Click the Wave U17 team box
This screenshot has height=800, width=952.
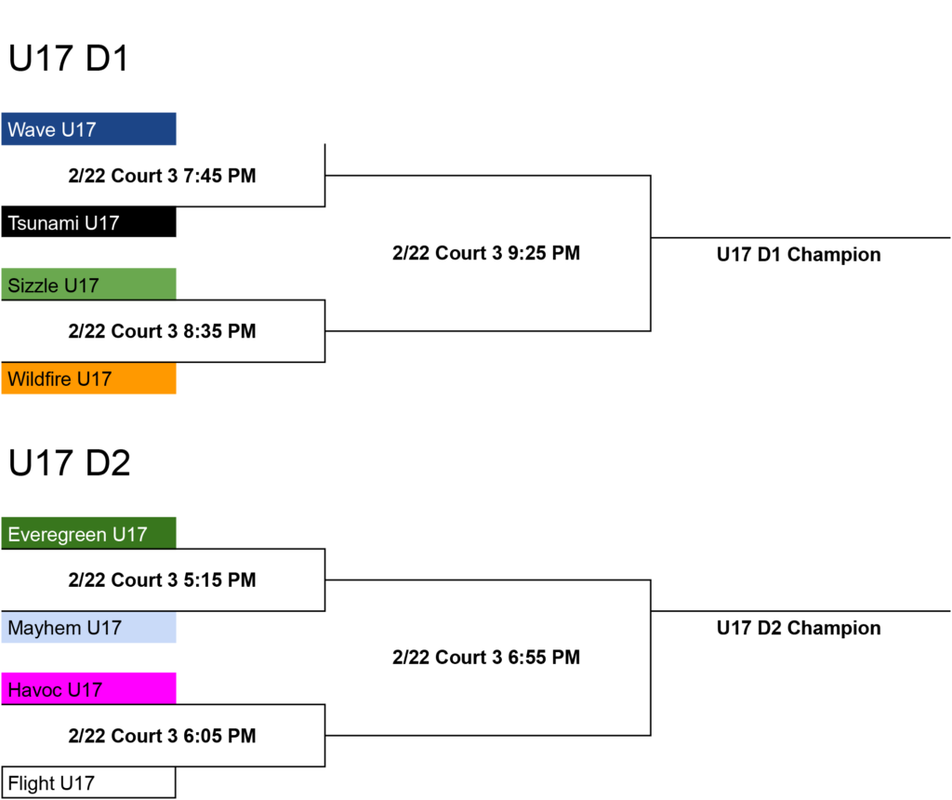point(88,128)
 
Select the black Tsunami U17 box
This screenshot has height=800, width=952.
point(88,221)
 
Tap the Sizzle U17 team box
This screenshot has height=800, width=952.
point(88,285)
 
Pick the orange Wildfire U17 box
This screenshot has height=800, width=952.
point(88,378)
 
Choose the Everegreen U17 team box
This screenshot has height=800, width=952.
point(88,533)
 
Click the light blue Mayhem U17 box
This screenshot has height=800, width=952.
point(88,627)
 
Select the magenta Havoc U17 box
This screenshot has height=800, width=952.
point(88,689)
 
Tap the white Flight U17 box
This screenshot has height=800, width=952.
point(88,782)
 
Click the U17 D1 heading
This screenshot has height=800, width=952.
point(68,59)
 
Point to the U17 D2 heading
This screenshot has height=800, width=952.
point(69,463)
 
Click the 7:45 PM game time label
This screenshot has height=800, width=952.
point(162,176)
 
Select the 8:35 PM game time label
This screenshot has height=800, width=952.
point(162,331)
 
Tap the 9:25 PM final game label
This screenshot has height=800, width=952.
point(486,253)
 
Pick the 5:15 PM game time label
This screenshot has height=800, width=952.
point(162,580)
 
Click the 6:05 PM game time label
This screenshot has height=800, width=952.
point(162,736)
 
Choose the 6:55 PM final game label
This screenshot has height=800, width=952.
point(486,658)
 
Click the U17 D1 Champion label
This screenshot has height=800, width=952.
point(799,255)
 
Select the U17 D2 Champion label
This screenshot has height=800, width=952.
point(799,628)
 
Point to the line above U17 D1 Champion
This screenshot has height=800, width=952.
point(800,237)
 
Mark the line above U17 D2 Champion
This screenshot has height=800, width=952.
point(800,611)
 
